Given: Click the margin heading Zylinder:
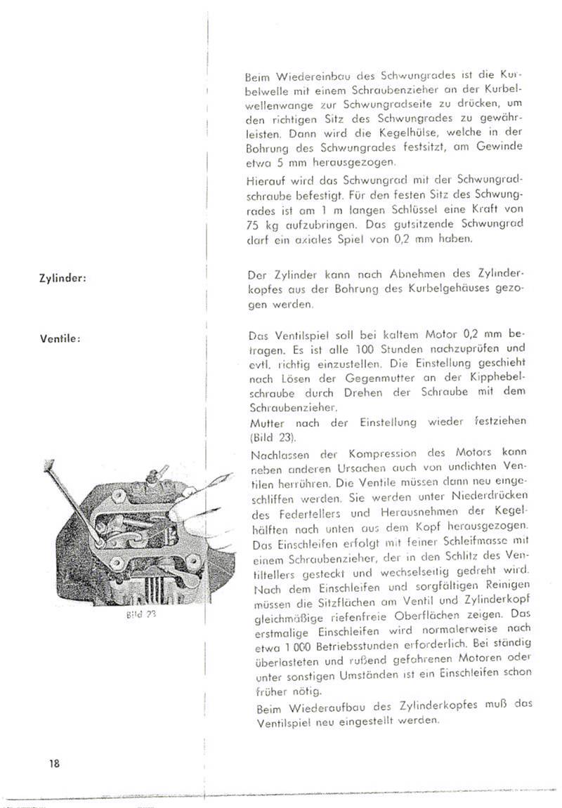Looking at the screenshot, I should (x=63, y=278).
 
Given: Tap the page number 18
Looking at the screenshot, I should (x=55, y=764).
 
